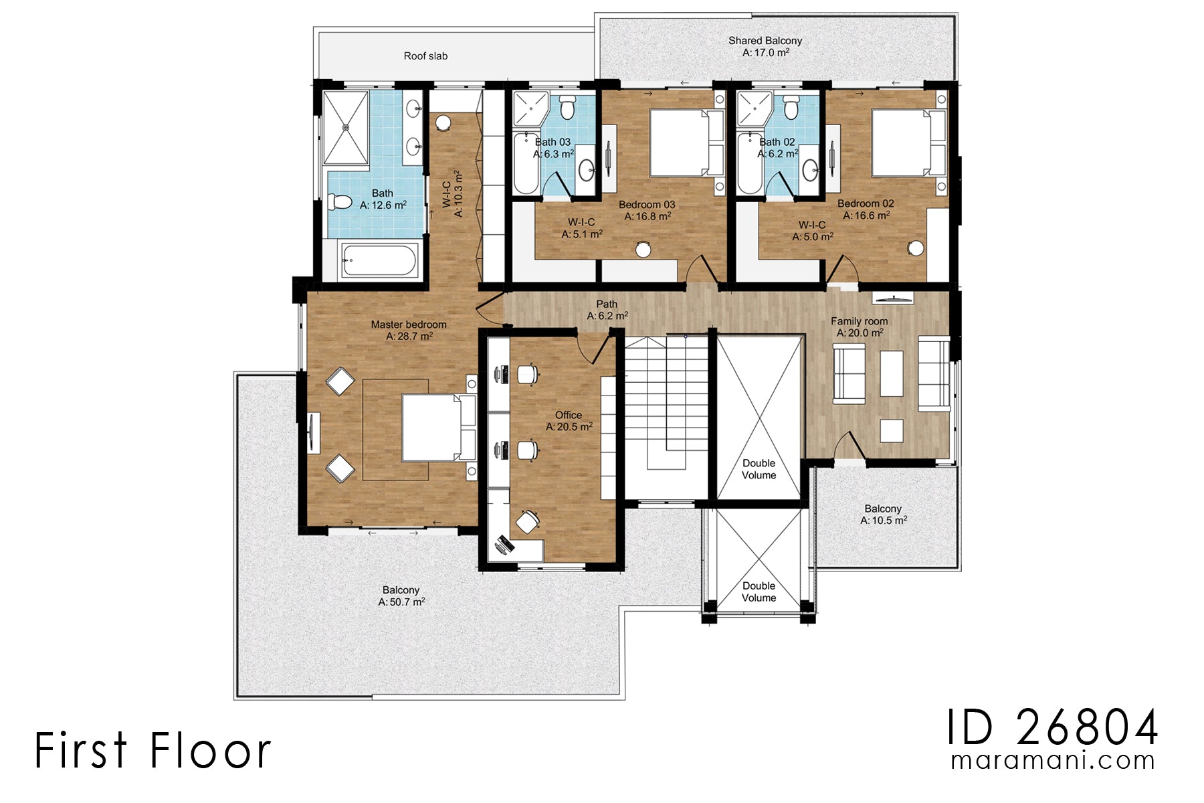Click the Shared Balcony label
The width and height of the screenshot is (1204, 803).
tap(765, 41)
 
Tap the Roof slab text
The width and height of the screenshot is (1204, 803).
tap(425, 56)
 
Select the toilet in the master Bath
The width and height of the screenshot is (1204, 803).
tap(340, 201)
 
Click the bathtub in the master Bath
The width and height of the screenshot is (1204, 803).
tap(379, 260)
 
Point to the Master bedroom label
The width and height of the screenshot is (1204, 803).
tap(408, 325)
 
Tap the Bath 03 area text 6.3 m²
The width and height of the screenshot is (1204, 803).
tap(553, 154)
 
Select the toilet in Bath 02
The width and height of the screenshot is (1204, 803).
tap(791, 107)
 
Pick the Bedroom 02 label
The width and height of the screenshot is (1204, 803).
tap(865, 203)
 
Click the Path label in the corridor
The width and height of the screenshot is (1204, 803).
tap(607, 304)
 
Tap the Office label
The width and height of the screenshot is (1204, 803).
tap(568, 415)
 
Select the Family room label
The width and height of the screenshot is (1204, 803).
tap(859, 321)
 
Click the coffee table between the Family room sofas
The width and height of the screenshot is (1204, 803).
tap(891, 374)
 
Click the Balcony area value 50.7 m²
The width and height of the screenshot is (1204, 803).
tap(401, 602)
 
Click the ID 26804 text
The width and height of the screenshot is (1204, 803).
tap(1051, 727)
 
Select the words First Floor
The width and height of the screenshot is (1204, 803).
tap(153, 750)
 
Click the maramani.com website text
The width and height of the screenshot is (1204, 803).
tap(1052, 761)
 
